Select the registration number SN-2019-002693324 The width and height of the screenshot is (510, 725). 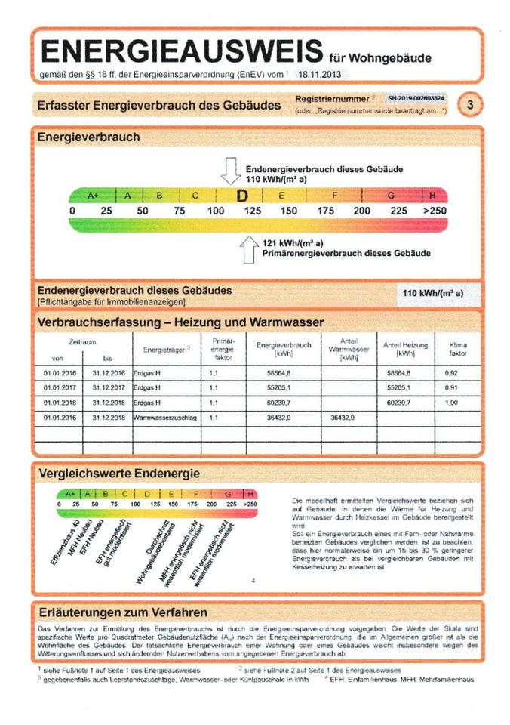coord(416,98)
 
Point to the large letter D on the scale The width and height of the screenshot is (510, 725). coord(241,196)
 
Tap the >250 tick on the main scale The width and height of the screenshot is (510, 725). coord(435,211)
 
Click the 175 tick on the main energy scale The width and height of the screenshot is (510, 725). coord(326,211)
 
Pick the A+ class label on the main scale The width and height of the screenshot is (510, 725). coord(94,196)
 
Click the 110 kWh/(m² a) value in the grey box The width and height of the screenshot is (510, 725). coord(432,293)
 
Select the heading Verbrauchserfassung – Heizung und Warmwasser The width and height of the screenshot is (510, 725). coord(180,322)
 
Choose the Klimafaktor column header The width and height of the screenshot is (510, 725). coord(458,349)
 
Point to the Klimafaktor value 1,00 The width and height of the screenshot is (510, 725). coord(452,403)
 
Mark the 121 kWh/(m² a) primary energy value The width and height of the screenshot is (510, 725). coord(293,242)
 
